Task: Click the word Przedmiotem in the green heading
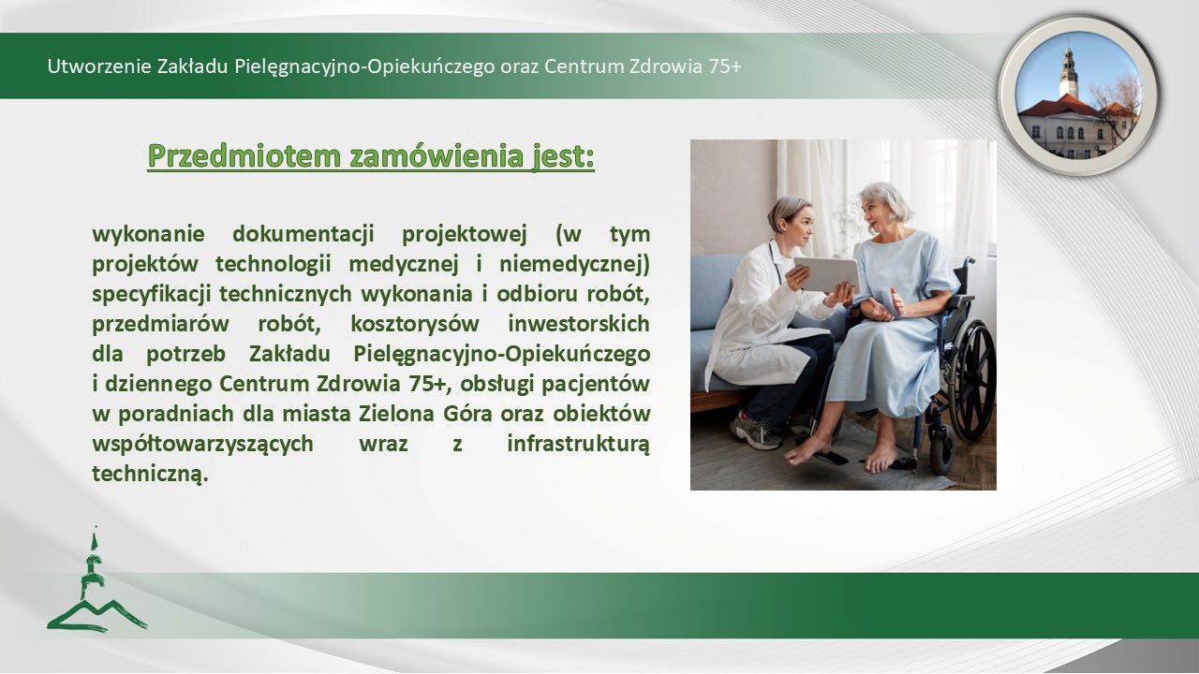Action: tap(244, 156)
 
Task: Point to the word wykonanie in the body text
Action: tap(148, 234)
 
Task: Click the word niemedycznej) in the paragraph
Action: tap(575, 264)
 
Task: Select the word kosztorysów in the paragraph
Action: tap(415, 324)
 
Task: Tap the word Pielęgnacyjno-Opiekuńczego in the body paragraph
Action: tap(501, 354)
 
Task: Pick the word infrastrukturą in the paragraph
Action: tap(579, 444)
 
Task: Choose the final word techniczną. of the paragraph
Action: tap(150, 474)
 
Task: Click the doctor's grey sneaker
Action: tap(756, 430)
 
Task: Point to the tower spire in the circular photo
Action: tap(1069, 70)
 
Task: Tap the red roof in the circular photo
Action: tap(1062, 106)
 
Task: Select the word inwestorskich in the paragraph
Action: tap(579, 324)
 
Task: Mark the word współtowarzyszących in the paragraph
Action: tap(203, 444)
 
